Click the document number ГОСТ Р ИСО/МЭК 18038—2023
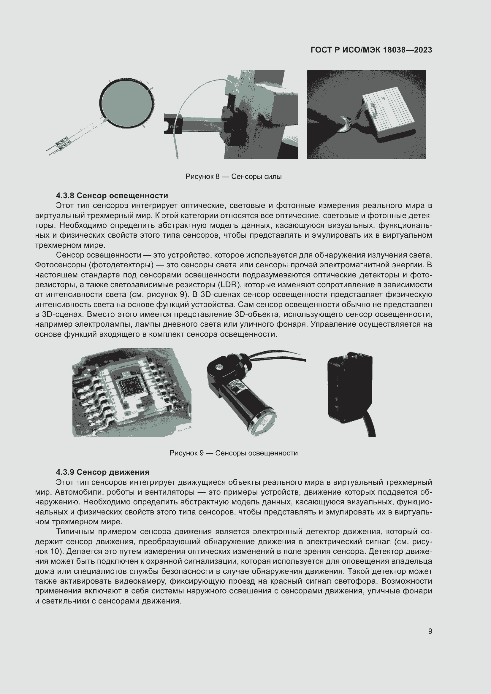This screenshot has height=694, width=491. (x=371, y=50)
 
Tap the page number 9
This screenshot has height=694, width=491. (x=430, y=631)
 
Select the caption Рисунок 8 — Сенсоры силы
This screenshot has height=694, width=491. (x=233, y=177)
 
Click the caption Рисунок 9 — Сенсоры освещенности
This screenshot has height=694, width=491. (x=233, y=453)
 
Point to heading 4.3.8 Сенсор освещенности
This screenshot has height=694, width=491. (x=112, y=196)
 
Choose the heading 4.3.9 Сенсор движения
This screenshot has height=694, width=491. (x=102, y=472)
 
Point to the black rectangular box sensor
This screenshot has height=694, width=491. (x=350, y=388)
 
